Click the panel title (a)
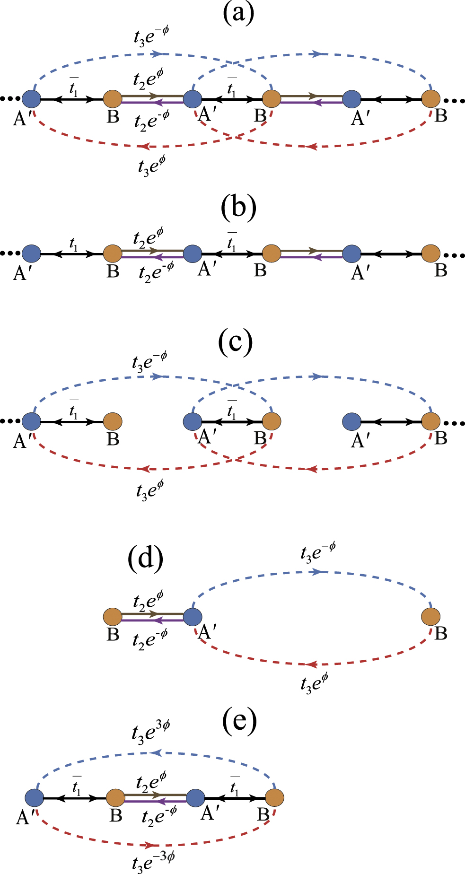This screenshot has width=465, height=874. click(x=238, y=13)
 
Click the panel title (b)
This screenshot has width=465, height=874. click(x=238, y=209)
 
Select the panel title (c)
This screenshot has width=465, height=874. click(x=236, y=343)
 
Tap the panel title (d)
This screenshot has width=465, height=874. click(x=145, y=558)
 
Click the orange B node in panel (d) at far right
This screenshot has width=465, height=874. click(x=430, y=617)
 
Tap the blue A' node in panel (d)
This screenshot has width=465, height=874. click(x=193, y=617)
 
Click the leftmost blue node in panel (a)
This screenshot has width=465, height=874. click(x=31, y=99)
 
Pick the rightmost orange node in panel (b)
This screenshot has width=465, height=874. click(x=430, y=253)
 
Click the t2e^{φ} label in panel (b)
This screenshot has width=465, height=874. click(x=149, y=237)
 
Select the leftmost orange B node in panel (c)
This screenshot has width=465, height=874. click(x=113, y=420)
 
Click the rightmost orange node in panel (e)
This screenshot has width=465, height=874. click(x=274, y=798)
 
